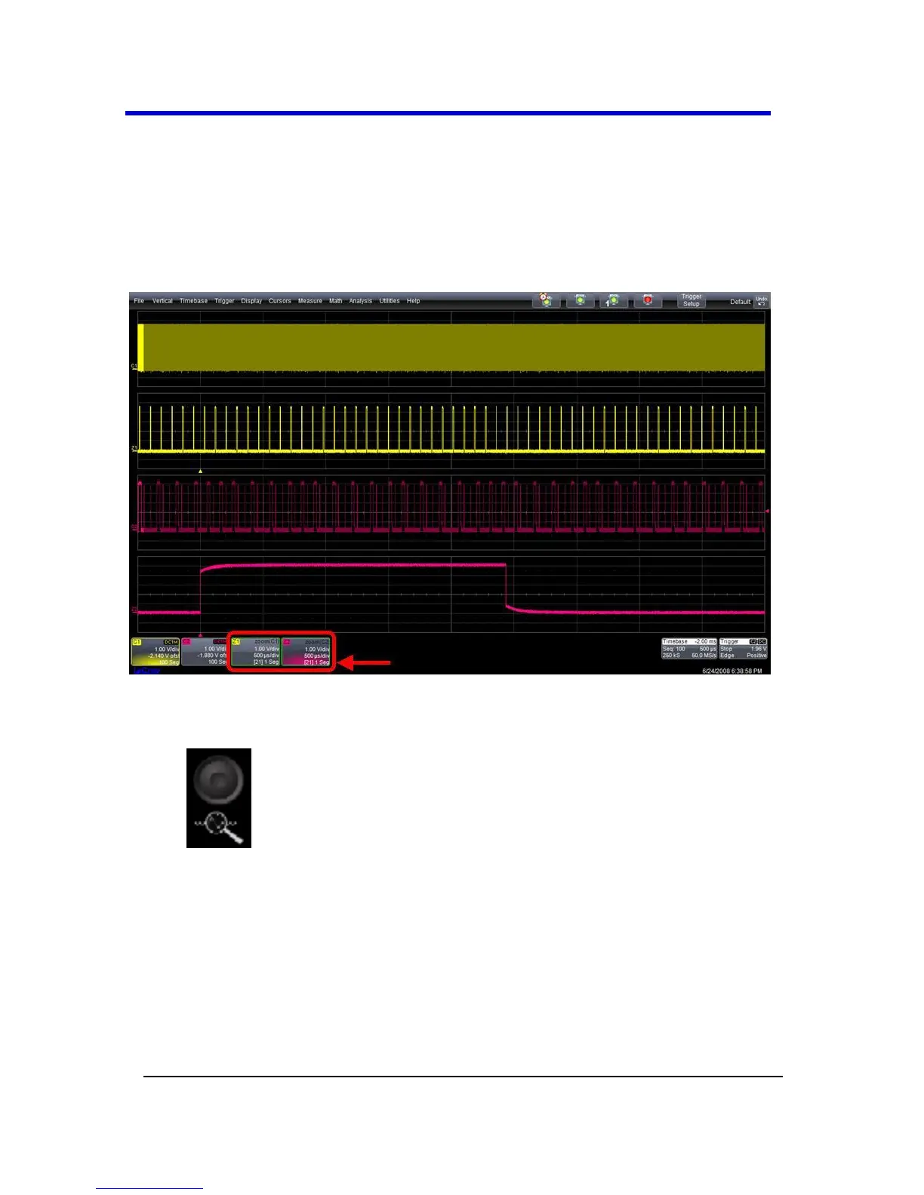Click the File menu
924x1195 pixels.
point(139,301)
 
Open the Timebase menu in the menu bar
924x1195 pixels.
point(193,301)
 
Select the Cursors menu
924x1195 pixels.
point(279,301)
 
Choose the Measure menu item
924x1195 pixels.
point(310,301)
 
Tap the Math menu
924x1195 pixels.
point(335,301)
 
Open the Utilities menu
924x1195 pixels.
point(390,301)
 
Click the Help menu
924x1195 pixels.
point(413,301)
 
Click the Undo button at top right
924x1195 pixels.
point(762,301)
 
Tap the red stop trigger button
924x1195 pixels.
point(648,300)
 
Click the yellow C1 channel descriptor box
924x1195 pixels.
point(156,652)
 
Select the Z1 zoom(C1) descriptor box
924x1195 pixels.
point(255,652)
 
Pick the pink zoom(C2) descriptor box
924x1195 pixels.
point(306,652)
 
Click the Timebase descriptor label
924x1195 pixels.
point(675,641)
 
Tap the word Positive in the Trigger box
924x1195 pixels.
point(756,656)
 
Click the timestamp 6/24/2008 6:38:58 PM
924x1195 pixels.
point(731,671)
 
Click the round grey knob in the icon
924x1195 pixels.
point(218,779)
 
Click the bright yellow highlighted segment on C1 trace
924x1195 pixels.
point(141,348)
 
